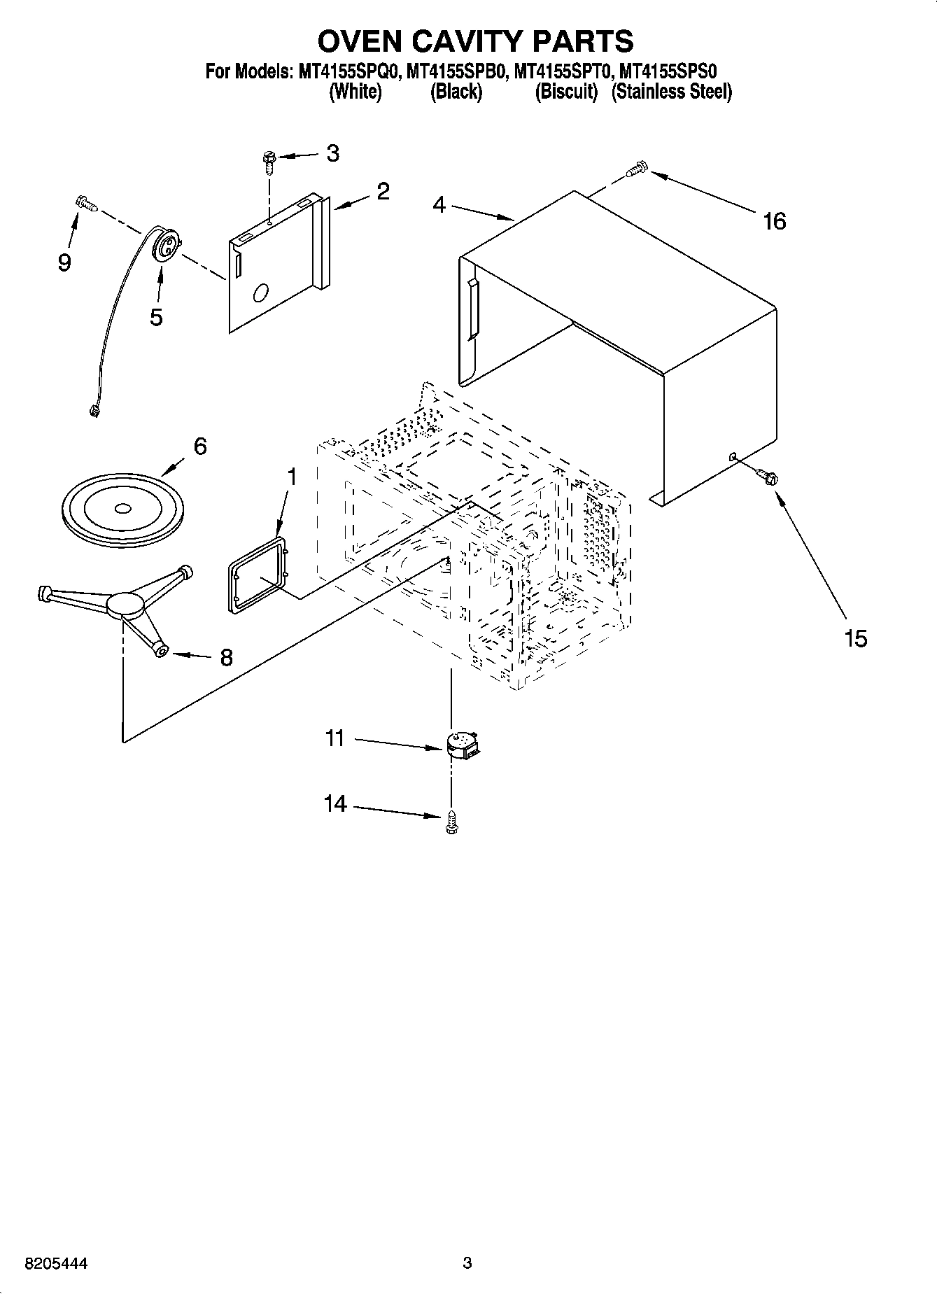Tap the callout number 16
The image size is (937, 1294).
pyautogui.click(x=774, y=221)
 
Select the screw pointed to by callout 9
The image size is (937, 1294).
pyautogui.click(x=85, y=203)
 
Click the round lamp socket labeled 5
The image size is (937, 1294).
pyautogui.click(x=167, y=245)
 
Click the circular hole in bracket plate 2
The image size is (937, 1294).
pyautogui.click(x=262, y=293)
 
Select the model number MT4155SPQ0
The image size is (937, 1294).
pyautogui.click(x=347, y=71)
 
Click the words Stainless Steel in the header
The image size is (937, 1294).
pyautogui.click(x=671, y=92)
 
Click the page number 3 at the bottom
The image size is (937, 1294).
pyautogui.click(x=467, y=1263)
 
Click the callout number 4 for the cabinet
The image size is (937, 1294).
pyautogui.click(x=439, y=205)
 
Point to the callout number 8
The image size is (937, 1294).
pyautogui.click(x=226, y=657)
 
